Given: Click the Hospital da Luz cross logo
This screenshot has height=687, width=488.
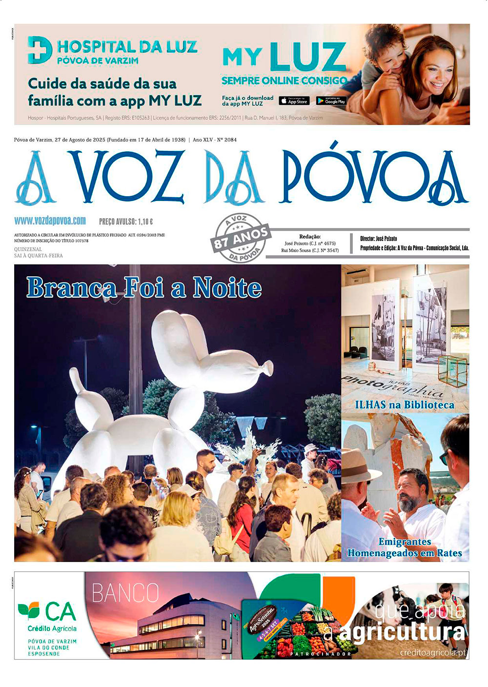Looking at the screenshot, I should coord(40,50).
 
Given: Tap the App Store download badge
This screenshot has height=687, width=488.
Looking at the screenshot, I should coord(294,101).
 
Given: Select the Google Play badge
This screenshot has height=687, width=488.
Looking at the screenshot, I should coord(331,101).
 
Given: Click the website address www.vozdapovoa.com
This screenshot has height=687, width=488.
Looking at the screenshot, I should coord(50,221).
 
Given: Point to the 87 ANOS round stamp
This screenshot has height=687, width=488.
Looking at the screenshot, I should coord(240,238).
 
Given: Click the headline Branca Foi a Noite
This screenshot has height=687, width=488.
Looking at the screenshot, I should coord(144,287).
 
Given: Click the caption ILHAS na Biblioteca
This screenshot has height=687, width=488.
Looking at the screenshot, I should coord(405,405).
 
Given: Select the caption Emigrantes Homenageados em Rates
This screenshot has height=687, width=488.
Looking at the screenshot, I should coord(405,547).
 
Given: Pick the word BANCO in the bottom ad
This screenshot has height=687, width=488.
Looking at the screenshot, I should coord(125,593).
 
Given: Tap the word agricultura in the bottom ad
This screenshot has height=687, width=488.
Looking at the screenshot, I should coord(402,632).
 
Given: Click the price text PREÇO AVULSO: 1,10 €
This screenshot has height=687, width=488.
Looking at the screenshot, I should coord(126,222).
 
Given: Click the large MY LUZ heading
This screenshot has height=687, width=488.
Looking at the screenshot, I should coord(284,58).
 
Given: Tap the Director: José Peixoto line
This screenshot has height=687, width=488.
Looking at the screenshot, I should coord(379,239).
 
